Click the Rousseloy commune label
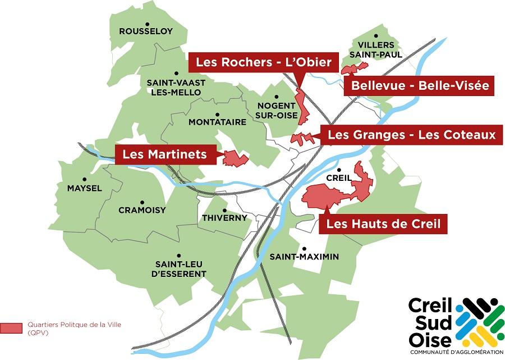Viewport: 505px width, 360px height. pyautogui.click(x=146, y=31)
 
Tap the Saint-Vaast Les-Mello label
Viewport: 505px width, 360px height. pyautogui.click(x=176, y=87)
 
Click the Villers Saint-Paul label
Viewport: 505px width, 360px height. pyautogui.click(x=378, y=49)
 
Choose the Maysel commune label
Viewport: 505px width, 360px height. pyautogui.click(x=84, y=188)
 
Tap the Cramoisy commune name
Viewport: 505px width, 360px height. pyautogui.click(x=142, y=211)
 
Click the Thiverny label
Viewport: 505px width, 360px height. pyautogui.click(x=224, y=218)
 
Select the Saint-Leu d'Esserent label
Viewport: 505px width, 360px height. pyautogui.click(x=180, y=269)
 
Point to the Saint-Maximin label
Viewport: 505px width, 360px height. pyautogui.click(x=304, y=257)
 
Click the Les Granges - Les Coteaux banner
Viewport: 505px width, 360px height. pyautogui.click(x=411, y=135)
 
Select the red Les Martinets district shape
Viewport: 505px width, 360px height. pyautogui.click(x=235, y=158)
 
